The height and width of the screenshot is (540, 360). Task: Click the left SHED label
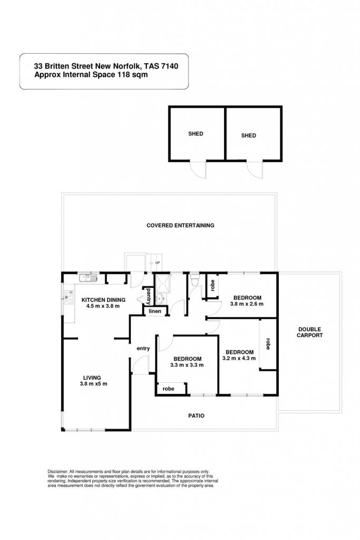(x=196, y=133)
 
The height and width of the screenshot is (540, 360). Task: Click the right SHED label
(x=248, y=136)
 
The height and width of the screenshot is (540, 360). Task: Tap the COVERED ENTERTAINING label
(x=180, y=226)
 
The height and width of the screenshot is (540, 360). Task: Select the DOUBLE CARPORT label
(x=310, y=332)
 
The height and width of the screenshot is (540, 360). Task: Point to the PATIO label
(x=196, y=416)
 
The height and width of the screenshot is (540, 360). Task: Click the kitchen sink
(x=88, y=277)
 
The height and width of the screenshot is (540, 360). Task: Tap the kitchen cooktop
(x=69, y=297)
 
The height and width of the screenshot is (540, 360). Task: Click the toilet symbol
(x=195, y=279)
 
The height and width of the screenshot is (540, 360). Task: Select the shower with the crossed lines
(x=162, y=284)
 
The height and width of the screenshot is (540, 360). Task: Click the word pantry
(x=149, y=296)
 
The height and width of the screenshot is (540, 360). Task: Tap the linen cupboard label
(x=155, y=311)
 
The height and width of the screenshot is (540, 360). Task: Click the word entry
(x=143, y=349)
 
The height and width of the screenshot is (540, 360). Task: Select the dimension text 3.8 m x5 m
(x=93, y=384)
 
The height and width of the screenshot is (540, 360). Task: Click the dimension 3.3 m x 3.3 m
(x=187, y=365)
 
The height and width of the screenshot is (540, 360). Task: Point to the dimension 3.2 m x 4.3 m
(x=239, y=358)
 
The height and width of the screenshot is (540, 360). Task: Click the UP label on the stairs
(x=158, y=263)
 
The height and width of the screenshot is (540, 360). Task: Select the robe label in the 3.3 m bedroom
(x=168, y=389)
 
